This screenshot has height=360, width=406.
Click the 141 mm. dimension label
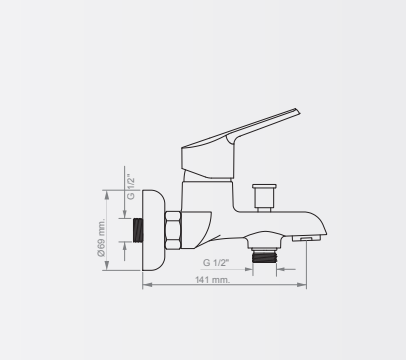[212, 280]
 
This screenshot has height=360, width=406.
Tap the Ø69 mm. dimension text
[101, 237]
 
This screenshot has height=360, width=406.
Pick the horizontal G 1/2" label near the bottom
[216, 263]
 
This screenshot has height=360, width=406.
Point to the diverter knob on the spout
[264, 197]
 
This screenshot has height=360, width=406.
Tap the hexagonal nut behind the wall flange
[173, 230]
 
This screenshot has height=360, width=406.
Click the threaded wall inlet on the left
[138, 230]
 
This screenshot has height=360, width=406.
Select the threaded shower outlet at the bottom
[264, 257]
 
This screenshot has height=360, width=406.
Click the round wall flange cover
[153, 230]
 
